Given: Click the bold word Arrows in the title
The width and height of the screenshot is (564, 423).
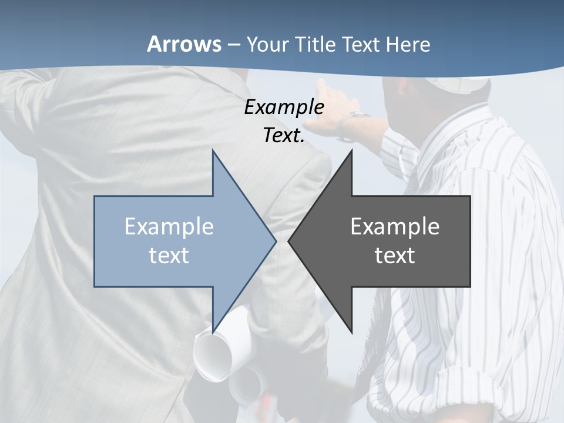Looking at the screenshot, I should pyautogui.click(x=184, y=44).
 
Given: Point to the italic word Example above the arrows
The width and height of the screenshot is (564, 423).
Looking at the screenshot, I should pyautogui.click(x=284, y=107).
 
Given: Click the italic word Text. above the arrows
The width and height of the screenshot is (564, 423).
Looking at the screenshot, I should pyautogui.click(x=284, y=135).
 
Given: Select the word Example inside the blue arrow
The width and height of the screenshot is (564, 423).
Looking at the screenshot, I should pyautogui.click(x=169, y=227).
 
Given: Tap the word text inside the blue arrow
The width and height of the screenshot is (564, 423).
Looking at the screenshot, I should pyautogui.click(x=169, y=255).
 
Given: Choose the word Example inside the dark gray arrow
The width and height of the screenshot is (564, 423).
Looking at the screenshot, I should pyautogui.click(x=395, y=227).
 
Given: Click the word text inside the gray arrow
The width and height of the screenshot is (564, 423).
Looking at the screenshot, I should pyautogui.click(x=395, y=255).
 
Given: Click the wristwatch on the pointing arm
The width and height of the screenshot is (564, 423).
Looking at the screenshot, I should pyautogui.click(x=355, y=123).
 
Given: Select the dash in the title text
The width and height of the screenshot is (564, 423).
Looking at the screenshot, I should pyautogui.click(x=233, y=45).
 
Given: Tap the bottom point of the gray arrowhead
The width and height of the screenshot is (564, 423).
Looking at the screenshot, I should pyautogui.click(x=351, y=330).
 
